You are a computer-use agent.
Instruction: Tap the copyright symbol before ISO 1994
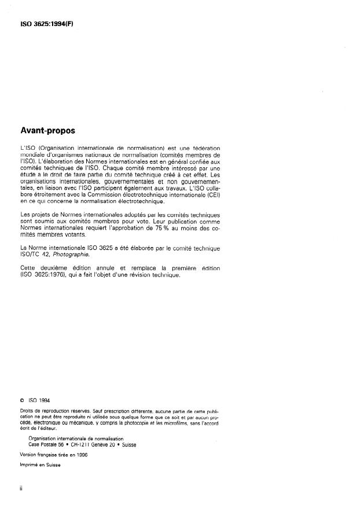pyautogui.click(x=21, y=399)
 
